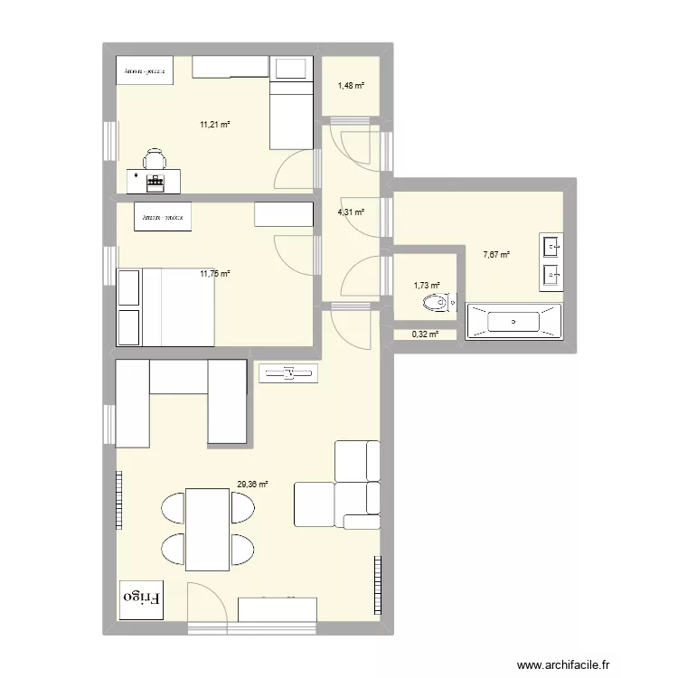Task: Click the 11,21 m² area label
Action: (x=215, y=125)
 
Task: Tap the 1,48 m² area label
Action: (x=351, y=86)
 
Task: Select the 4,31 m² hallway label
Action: (x=351, y=212)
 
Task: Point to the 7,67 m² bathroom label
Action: (x=496, y=255)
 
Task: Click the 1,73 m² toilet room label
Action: (x=427, y=286)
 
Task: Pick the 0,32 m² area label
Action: (x=425, y=334)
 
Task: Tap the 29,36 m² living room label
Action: (x=252, y=485)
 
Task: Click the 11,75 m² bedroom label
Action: (x=215, y=273)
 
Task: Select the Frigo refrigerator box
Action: (x=142, y=598)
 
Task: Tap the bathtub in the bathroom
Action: (x=513, y=321)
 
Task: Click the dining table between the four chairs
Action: (x=207, y=529)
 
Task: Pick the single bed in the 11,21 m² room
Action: (x=291, y=101)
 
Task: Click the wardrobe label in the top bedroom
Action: (x=144, y=71)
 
